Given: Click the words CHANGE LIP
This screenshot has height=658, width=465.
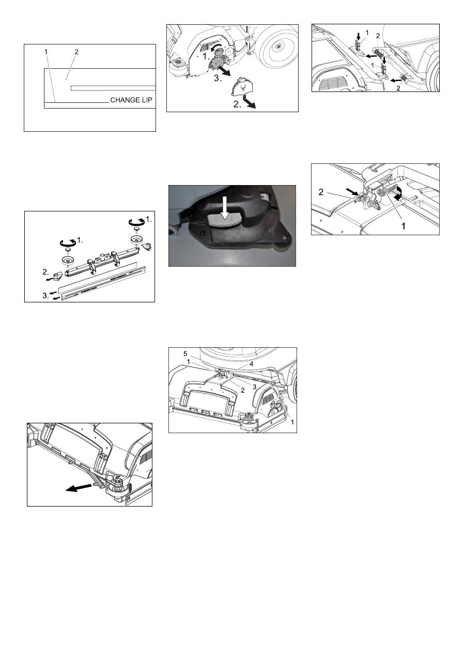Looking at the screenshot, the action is (131, 100).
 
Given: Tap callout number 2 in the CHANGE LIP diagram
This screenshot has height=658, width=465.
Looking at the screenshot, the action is (76, 52).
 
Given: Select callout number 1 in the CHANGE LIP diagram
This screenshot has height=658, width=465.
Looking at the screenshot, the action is (46, 52).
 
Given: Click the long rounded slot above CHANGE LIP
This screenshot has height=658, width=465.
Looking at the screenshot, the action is (113, 88).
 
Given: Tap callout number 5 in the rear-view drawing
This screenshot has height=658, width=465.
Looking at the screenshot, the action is (185, 354).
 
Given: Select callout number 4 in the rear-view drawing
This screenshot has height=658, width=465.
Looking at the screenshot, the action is (251, 364).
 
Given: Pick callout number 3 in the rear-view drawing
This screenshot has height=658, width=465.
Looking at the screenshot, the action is (255, 387).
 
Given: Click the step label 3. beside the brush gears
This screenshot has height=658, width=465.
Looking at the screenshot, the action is (218, 79).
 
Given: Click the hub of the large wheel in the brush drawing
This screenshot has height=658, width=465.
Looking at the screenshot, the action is (278, 46).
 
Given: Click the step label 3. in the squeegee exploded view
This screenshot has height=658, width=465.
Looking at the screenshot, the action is (46, 296).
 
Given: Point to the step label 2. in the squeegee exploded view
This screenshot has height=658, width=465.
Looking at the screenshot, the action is (45, 272).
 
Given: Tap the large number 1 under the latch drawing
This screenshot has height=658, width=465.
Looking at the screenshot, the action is (404, 226).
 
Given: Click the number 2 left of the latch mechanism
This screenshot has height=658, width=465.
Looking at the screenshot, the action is (321, 192).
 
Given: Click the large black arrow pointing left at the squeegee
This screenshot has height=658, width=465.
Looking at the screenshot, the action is (79, 487).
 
